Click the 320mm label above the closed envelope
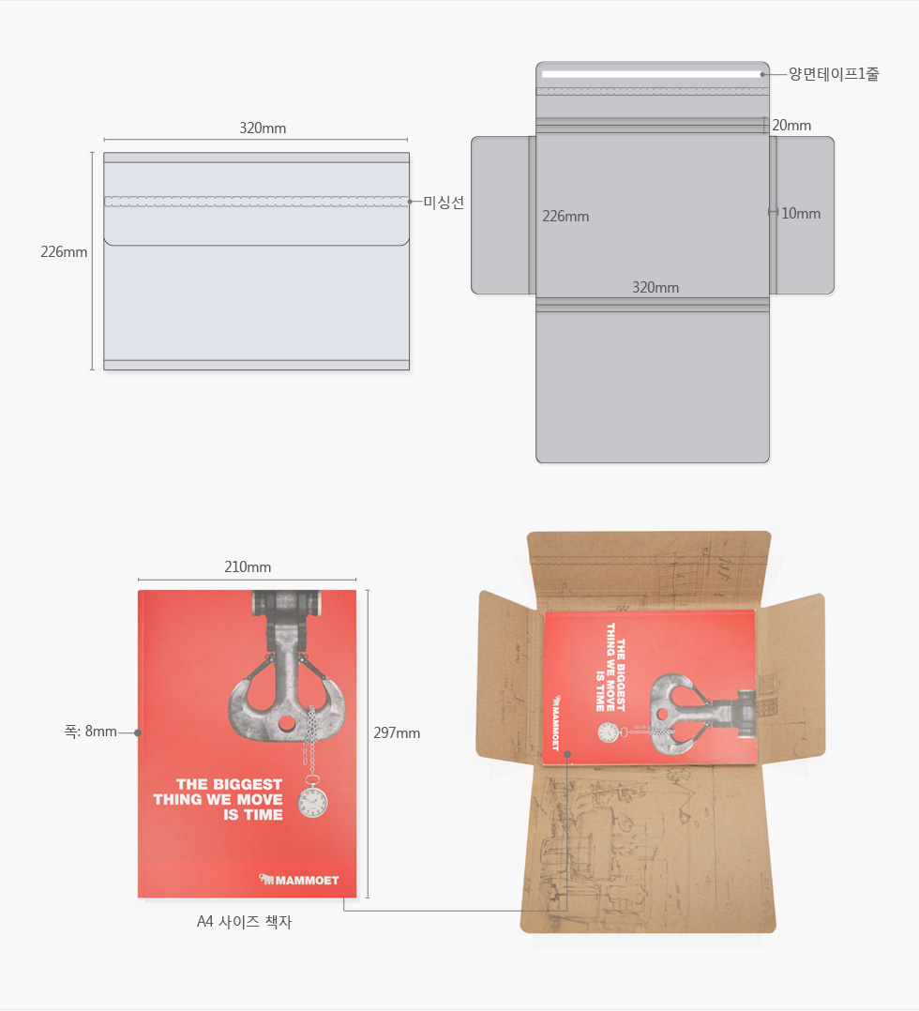pos(263,128)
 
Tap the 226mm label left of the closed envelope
pos(64,252)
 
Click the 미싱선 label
pos(444,203)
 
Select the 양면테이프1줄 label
pos(834,74)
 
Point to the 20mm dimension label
pos(791,126)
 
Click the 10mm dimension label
pos(801,214)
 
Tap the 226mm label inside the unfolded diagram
pos(565,217)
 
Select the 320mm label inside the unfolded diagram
pos(655,288)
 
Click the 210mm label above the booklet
pos(248,566)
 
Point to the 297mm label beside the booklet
pos(397,733)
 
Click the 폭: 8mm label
pos(90,732)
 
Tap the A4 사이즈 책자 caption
pos(245,922)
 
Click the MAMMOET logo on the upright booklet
pos(298,880)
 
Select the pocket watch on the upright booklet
pos(313,801)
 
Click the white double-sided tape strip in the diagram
pos(652,74)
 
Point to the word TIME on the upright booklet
pos(264,814)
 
